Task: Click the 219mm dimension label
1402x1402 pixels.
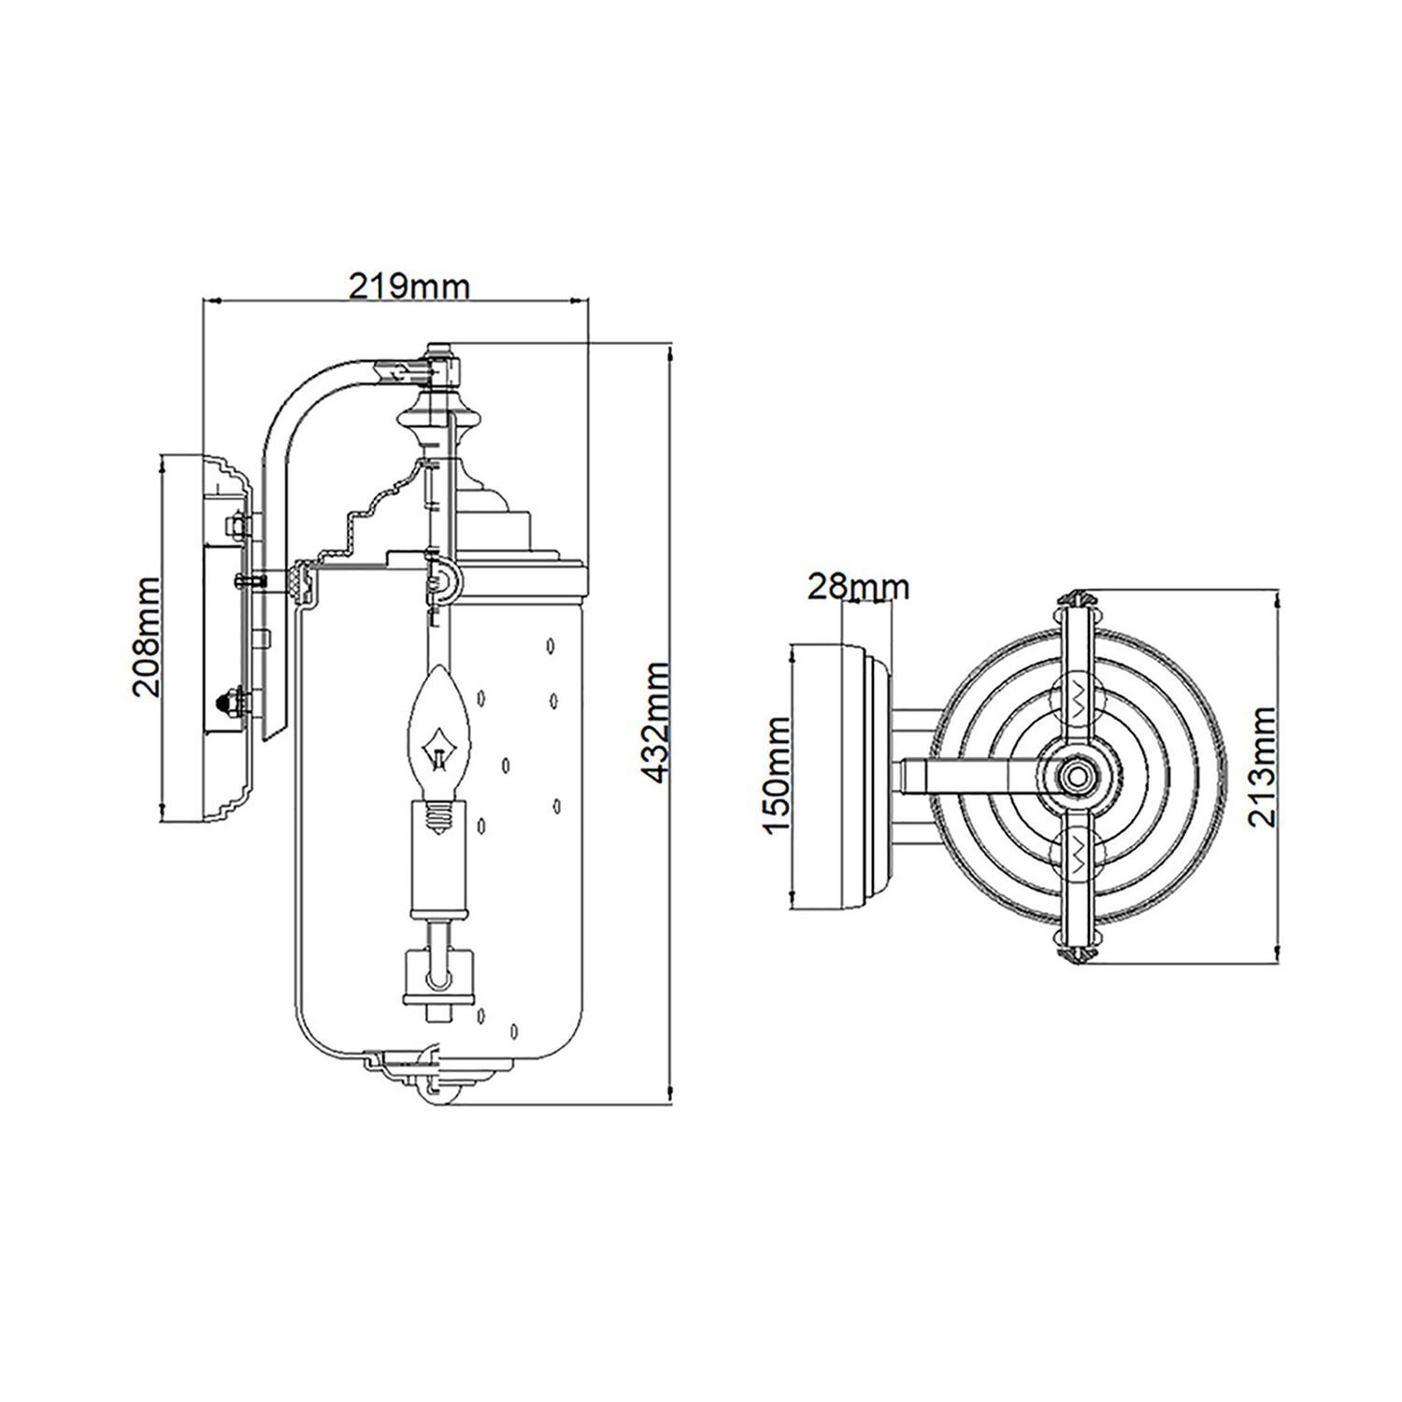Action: point(408,285)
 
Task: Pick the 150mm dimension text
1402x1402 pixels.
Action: point(777,775)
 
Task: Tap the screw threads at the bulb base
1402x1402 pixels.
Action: point(437,818)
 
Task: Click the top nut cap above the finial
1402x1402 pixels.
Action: point(439,355)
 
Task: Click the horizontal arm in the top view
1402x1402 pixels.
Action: point(972,775)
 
